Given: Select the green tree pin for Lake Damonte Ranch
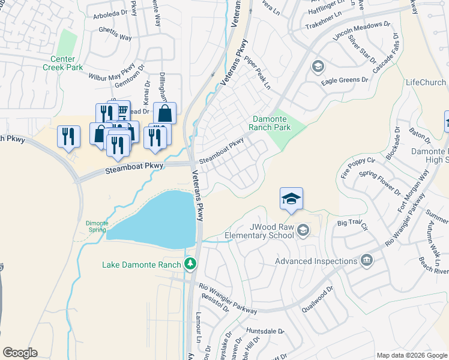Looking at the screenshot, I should (x=190, y=263).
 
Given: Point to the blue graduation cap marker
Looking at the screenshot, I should (x=291, y=199).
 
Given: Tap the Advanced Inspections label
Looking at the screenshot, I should (x=315, y=261).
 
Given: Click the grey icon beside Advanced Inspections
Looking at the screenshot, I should (x=366, y=260).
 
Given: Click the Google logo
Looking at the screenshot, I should (x=20, y=353).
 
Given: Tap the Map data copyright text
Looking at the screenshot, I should (x=412, y=355).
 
